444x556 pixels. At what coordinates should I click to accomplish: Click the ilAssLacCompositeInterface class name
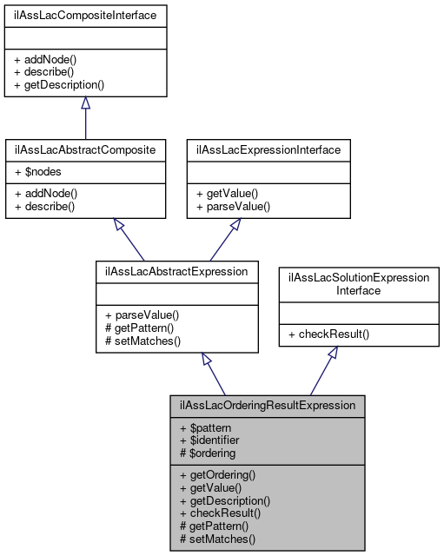85,16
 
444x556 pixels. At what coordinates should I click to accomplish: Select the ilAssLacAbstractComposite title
85,149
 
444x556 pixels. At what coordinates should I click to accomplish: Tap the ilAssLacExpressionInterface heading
269,149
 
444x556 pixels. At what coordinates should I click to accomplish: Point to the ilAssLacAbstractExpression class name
176,271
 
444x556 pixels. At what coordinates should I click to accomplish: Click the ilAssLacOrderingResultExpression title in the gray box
268,405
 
